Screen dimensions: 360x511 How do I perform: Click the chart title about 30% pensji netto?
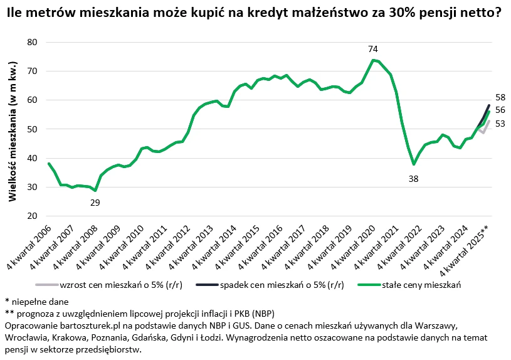click(255, 12)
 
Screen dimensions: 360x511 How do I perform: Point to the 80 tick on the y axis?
click(33, 42)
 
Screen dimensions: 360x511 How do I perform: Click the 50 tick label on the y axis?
click(33, 129)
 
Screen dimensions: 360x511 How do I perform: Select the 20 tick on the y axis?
click(33, 216)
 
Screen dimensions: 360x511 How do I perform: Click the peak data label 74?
click(373, 50)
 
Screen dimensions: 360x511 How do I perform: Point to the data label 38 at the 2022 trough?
click(413, 179)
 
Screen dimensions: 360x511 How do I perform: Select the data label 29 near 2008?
click(95, 203)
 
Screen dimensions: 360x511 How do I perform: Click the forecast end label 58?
click(500, 97)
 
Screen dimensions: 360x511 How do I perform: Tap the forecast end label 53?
click(500, 124)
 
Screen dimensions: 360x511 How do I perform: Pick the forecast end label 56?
click(500, 110)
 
